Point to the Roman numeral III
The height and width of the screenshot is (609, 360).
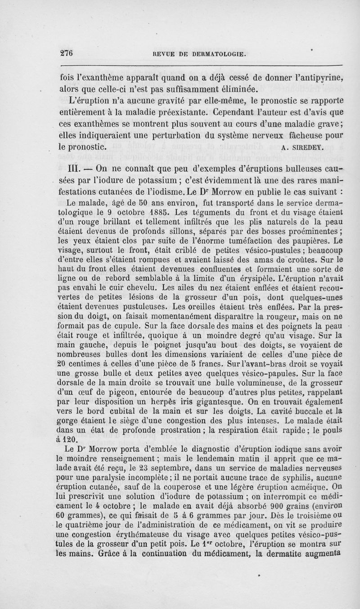(x=72, y=169)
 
